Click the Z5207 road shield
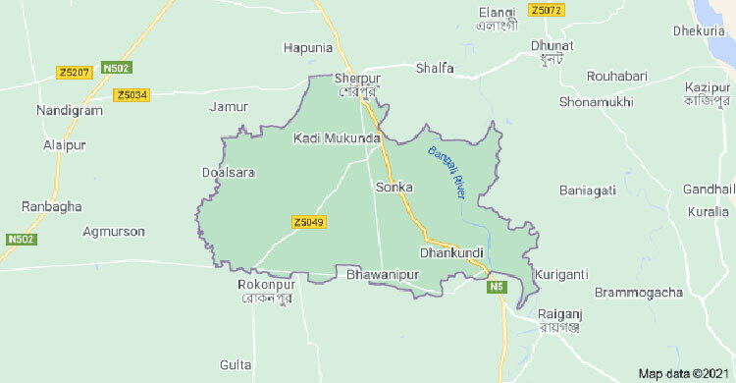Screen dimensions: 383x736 75,72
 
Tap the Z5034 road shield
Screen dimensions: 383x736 131,95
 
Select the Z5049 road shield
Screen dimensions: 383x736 308,223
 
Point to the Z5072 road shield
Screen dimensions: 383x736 545,11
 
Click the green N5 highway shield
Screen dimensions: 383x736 498,287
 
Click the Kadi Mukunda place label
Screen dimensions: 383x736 336,138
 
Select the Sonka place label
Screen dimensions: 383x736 394,187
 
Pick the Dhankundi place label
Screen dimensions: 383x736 451,253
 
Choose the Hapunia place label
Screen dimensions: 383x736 308,47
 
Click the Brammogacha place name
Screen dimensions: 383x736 637,293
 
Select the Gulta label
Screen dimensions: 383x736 237,364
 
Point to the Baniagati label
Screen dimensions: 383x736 588,190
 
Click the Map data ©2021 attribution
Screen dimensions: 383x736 683,374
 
